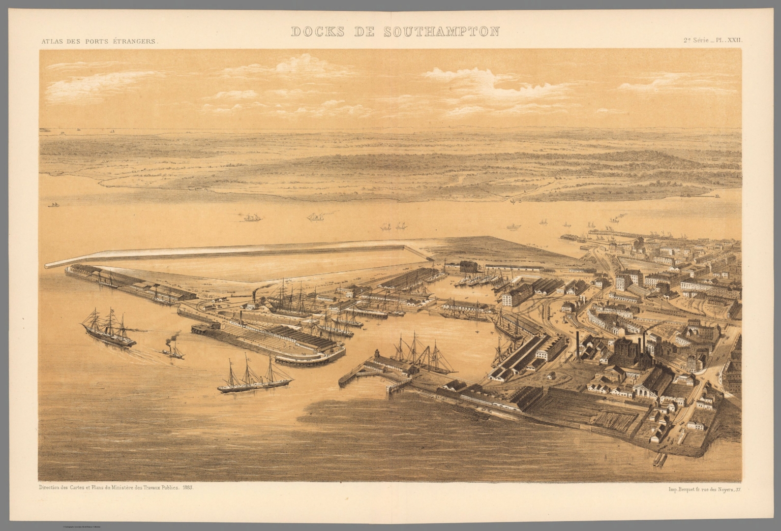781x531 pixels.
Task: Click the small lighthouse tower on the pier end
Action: point(377,354)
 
